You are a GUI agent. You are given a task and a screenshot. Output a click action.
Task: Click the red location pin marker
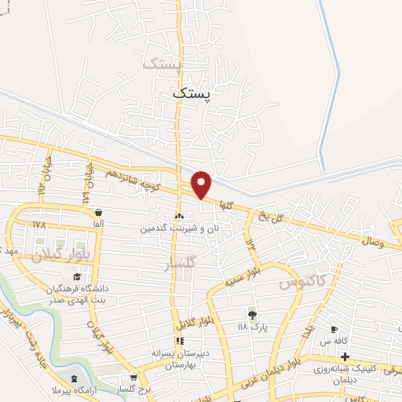(x=202, y=185)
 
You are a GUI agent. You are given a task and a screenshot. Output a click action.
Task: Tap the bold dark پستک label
(x=192, y=92)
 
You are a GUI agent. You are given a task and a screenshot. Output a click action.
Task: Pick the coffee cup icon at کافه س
(x=334, y=330)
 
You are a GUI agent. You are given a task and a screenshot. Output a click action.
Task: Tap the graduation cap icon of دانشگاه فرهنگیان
(x=76, y=276)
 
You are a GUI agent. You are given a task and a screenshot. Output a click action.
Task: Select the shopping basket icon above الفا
(x=98, y=213)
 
